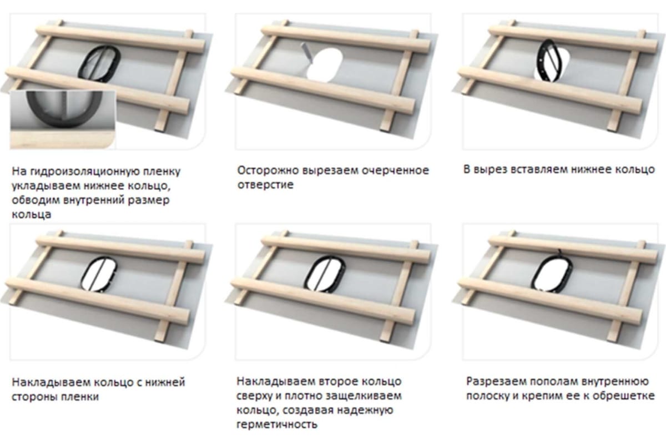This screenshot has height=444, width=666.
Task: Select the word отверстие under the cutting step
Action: [265, 185]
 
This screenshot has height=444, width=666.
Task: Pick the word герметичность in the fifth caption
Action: [276, 425]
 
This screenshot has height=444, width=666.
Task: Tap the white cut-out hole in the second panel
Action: [324, 65]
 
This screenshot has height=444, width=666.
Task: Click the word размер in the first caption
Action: [148, 200]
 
